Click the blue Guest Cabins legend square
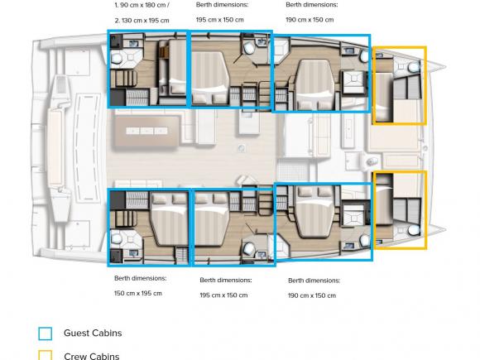[46, 334]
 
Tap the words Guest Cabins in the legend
[93, 334]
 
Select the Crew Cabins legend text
[91, 357]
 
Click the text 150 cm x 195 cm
[137, 293]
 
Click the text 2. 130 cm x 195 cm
[141, 19]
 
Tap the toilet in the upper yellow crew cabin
[411, 65]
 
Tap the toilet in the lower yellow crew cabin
[411, 229]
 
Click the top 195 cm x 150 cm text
[219, 19]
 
